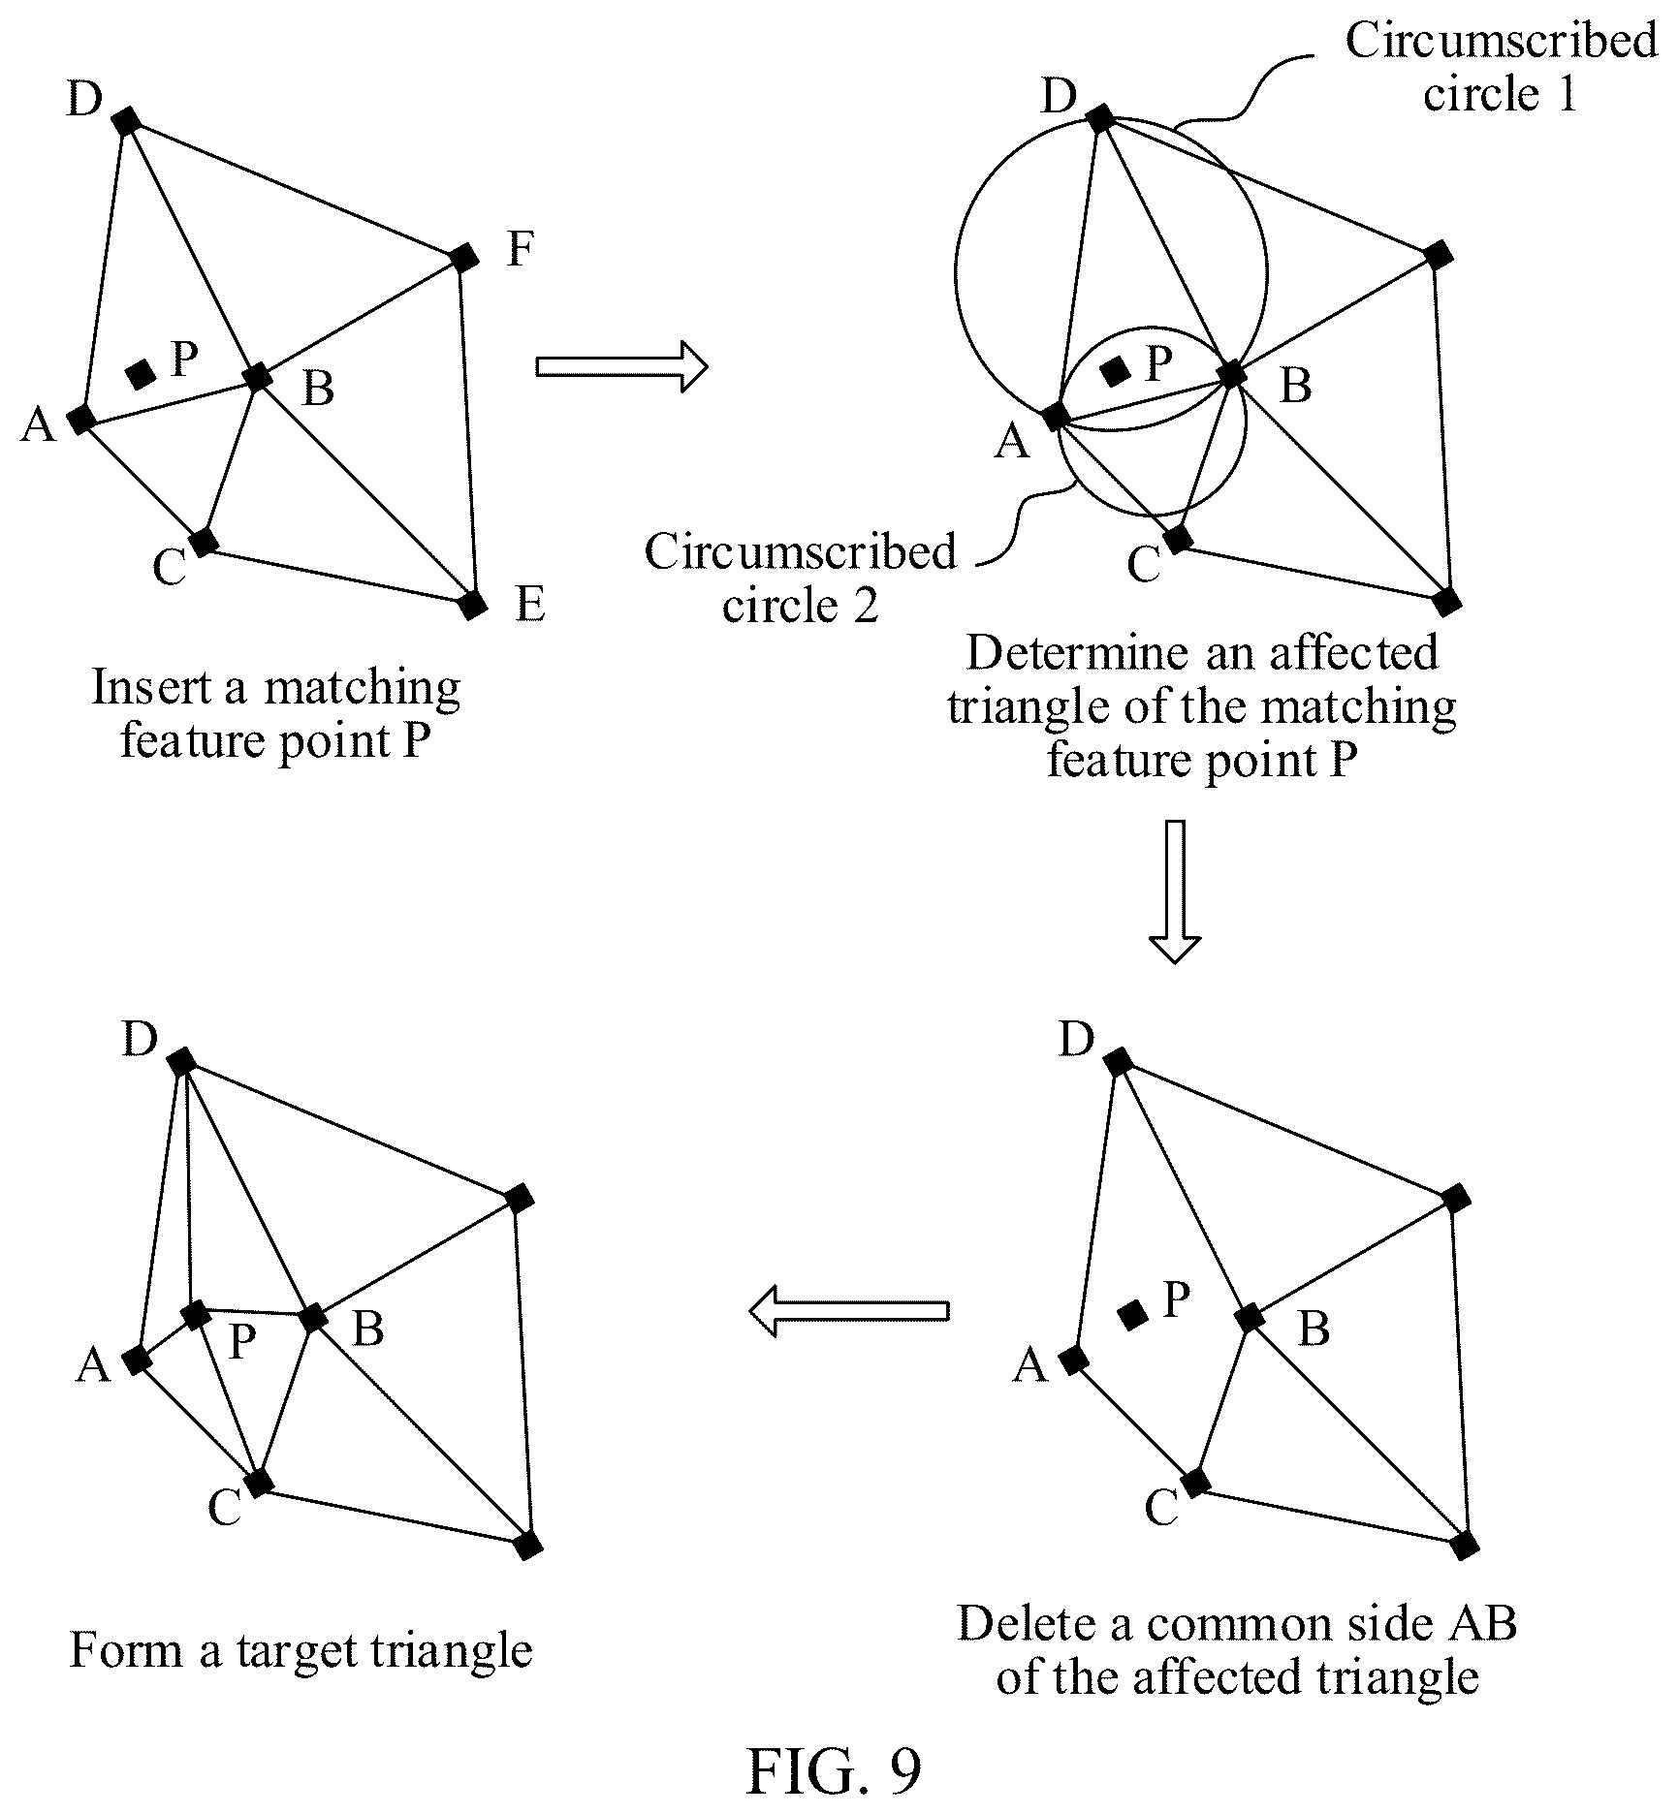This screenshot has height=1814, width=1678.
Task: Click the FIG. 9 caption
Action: click(x=833, y=1770)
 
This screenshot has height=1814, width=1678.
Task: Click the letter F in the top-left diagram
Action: click(x=521, y=249)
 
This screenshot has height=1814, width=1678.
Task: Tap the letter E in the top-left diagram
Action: click(x=530, y=604)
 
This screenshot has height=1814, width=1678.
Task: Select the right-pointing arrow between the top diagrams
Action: click(x=621, y=366)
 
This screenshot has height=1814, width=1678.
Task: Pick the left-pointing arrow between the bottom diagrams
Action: click(x=849, y=1311)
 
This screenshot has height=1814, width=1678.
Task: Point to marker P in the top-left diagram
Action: click(x=142, y=374)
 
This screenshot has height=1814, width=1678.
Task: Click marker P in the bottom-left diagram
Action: click(x=196, y=1315)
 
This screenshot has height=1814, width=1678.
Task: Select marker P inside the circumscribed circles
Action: click(x=1115, y=370)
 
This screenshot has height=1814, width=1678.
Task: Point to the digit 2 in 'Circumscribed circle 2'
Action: click(x=866, y=605)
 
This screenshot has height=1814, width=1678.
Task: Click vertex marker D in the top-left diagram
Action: click(x=126, y=121)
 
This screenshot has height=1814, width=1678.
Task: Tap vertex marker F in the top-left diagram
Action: click(x=464, y=258)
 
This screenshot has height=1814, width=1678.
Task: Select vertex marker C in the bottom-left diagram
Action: click(x=258, y=1483)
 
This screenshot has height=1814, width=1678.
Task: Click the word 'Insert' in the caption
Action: click(x=152, y=687)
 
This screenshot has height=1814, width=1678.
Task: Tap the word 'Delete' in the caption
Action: click(x=1029, y=1623)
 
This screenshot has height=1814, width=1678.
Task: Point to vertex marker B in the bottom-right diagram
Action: click(x=1249, y=1318)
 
